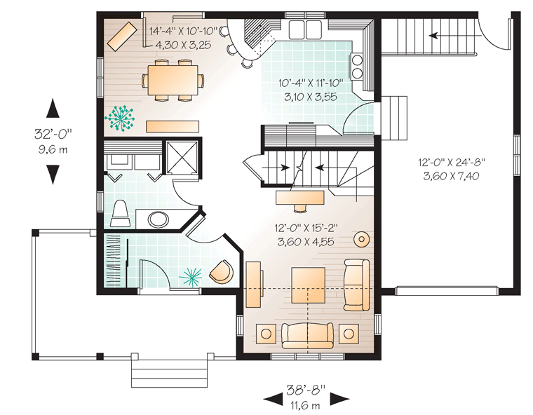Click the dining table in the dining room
coord(173,80)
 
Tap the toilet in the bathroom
coord(121,214)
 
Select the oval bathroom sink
coord(159,219)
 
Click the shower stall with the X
coord(182,158)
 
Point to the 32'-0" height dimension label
coord(53,134)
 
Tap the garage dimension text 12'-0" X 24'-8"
coord(452,162)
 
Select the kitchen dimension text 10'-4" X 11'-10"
coord(311,83)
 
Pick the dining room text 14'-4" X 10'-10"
coord(184,32)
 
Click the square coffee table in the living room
coord(308,285)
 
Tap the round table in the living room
coord(361,240)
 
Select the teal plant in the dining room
coord(120,118)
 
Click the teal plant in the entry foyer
coord(190,276)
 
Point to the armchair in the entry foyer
coord(222,271)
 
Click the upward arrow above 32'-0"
coord(53,108)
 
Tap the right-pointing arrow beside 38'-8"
coord(340,399)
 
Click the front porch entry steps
coord(169,373)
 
